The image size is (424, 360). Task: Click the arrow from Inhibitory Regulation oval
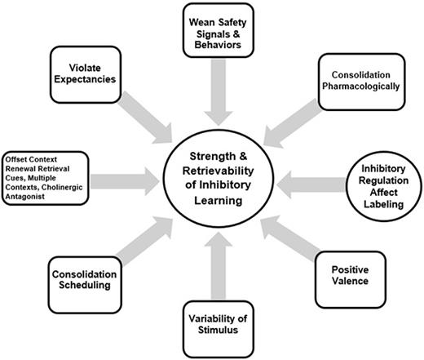tap(310, 181)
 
